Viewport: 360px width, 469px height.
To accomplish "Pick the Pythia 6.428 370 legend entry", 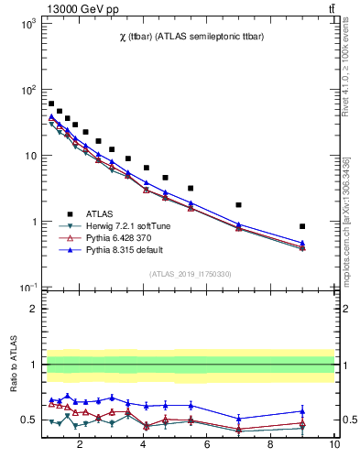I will coord(114,237).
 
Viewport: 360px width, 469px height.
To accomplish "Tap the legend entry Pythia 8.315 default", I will coord(116,249).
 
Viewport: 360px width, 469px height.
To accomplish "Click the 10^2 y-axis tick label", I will coord(27,90).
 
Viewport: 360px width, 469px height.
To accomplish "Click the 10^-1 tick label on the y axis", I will coord(27,288).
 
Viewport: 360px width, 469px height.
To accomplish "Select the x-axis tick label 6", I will coord(207,446).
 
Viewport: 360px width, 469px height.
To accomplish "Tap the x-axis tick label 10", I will coord(333,446).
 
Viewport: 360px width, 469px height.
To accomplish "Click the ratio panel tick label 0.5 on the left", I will coord(27,420).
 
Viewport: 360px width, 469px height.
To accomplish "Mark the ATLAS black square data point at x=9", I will coord(302,226).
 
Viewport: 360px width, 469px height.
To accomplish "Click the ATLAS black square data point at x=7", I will coord(239,205).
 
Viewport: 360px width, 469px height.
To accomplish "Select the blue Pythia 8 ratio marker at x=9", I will coord(302,411).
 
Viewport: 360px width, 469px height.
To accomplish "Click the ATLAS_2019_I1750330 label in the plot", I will coord(189,274).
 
